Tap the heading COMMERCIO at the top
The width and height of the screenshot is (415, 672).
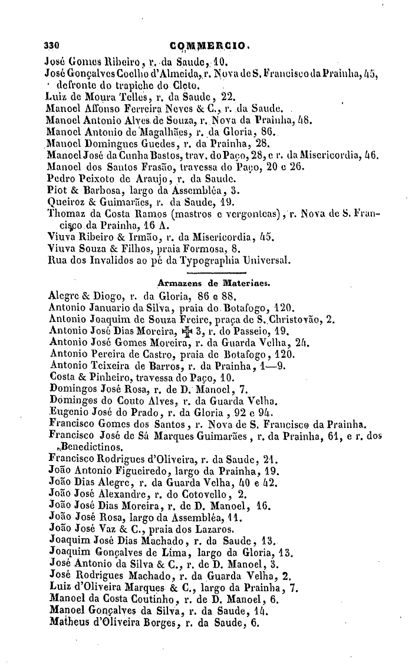209,44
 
